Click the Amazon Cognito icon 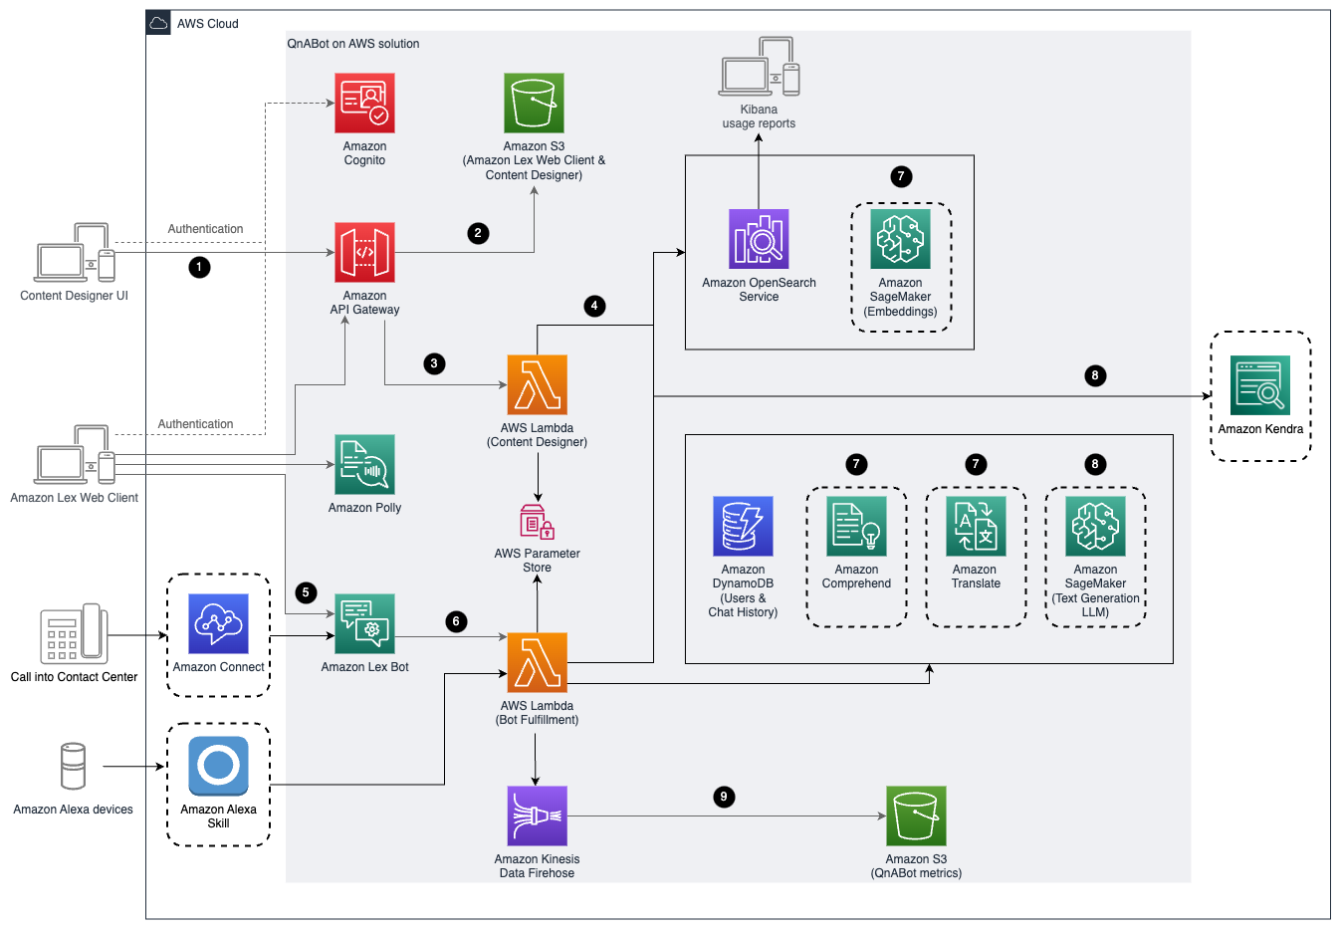click(364, 103)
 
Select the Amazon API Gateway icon click(364, 252)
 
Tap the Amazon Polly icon click(364, 464)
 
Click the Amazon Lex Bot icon click(364, 623)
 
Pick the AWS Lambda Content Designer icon click(537, 384)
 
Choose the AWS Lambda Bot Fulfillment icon click(537, 662)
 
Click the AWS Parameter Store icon click(537, 522)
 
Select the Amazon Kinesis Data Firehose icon click(537, 815)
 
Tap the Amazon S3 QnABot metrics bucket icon click(916, 815)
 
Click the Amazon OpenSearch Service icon click(759, 239)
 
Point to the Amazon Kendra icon click(1259, 385)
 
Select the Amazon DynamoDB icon click(743, 526)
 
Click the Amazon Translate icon click(976, 526)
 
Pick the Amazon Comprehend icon click(856, 526)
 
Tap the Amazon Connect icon click(218, 623)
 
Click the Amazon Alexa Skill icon click(218, 766)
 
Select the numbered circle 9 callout click(724, 797)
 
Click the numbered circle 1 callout click(199, 267)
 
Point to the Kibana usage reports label click(759, 116)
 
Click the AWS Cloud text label click(207, 24)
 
